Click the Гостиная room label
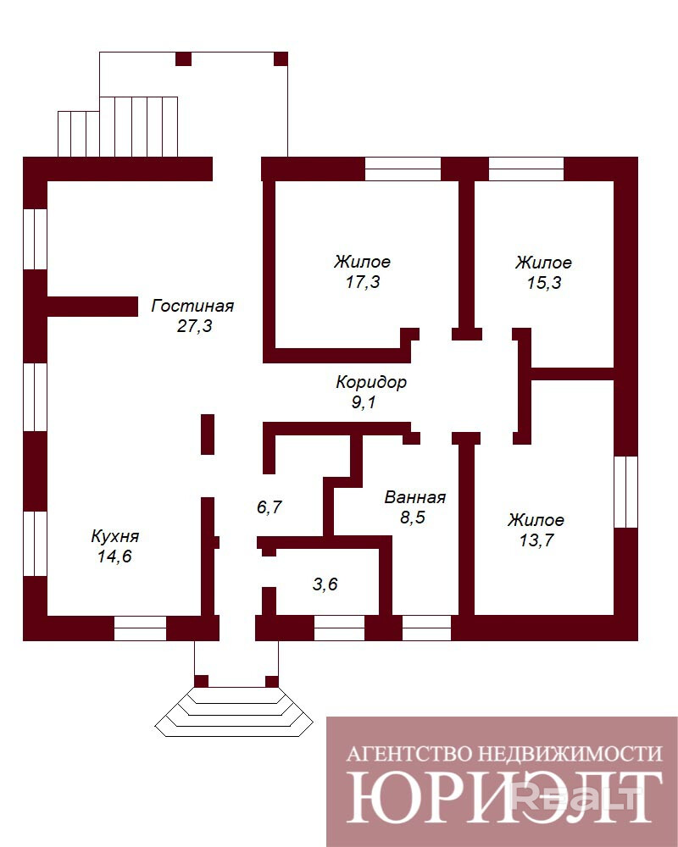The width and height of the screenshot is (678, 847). point(192,306)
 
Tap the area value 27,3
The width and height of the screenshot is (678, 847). point(195,326)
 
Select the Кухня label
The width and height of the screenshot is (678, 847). point(114,536)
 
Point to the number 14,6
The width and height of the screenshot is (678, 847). point(114,556)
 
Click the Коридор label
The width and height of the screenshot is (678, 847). point(371,383)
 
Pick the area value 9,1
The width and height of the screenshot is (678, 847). point(364,401)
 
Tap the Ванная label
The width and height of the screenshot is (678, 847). point(415,497)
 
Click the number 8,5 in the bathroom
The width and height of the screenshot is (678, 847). point(413,517)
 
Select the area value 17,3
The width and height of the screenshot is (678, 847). point(363,281)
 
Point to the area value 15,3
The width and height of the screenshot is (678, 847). point(544,283)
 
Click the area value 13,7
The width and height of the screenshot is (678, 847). point(536,540)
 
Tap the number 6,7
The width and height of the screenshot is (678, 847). point(270,507)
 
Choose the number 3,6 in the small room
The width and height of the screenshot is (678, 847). point(325,584)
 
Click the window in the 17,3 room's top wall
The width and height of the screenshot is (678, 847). point(403,169)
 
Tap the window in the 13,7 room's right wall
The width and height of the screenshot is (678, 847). point(626,491)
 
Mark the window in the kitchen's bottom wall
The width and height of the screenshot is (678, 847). point(140,628)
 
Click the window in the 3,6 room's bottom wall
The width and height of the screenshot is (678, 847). point(340,628)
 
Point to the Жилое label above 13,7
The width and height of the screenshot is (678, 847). point(536,520)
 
